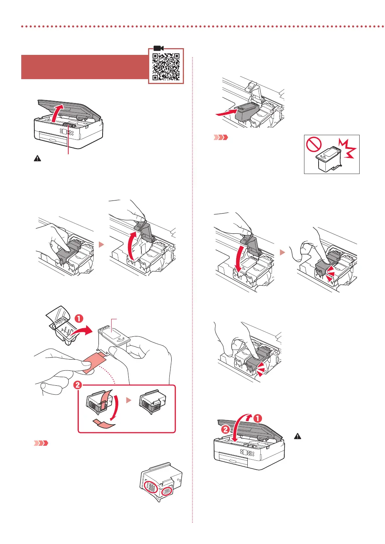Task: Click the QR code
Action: point(166,67)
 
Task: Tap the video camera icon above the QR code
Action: point(159,48)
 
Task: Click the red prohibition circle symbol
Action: point(314,144)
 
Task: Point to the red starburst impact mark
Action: point(347,149)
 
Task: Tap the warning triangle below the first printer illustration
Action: point(37,158)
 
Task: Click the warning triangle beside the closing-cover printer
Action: point(297,436)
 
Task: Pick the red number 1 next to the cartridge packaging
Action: point(79,319)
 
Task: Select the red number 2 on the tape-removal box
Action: point(78,385)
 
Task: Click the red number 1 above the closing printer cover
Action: point(257,418)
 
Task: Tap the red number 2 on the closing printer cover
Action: point(225,429)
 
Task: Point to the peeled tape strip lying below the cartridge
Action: point(103,423)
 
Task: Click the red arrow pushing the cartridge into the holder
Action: point(226,112)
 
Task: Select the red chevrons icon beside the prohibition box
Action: point(220,137)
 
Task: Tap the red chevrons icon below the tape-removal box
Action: point(41,443)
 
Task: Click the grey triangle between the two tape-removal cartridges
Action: point(129,400)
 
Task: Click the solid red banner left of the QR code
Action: point(85,67)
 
